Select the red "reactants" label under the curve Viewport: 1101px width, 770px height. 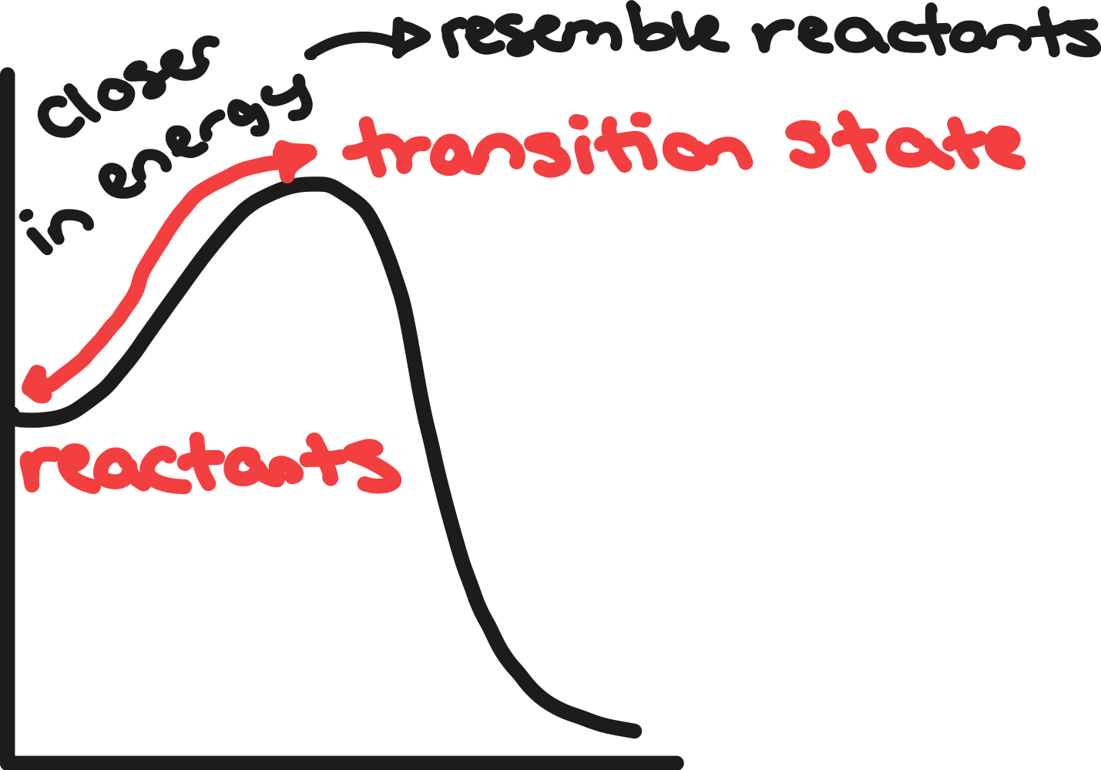[208, 466]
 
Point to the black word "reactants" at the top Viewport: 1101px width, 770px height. [925, 35]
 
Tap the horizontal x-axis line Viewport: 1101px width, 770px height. [347, 762]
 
